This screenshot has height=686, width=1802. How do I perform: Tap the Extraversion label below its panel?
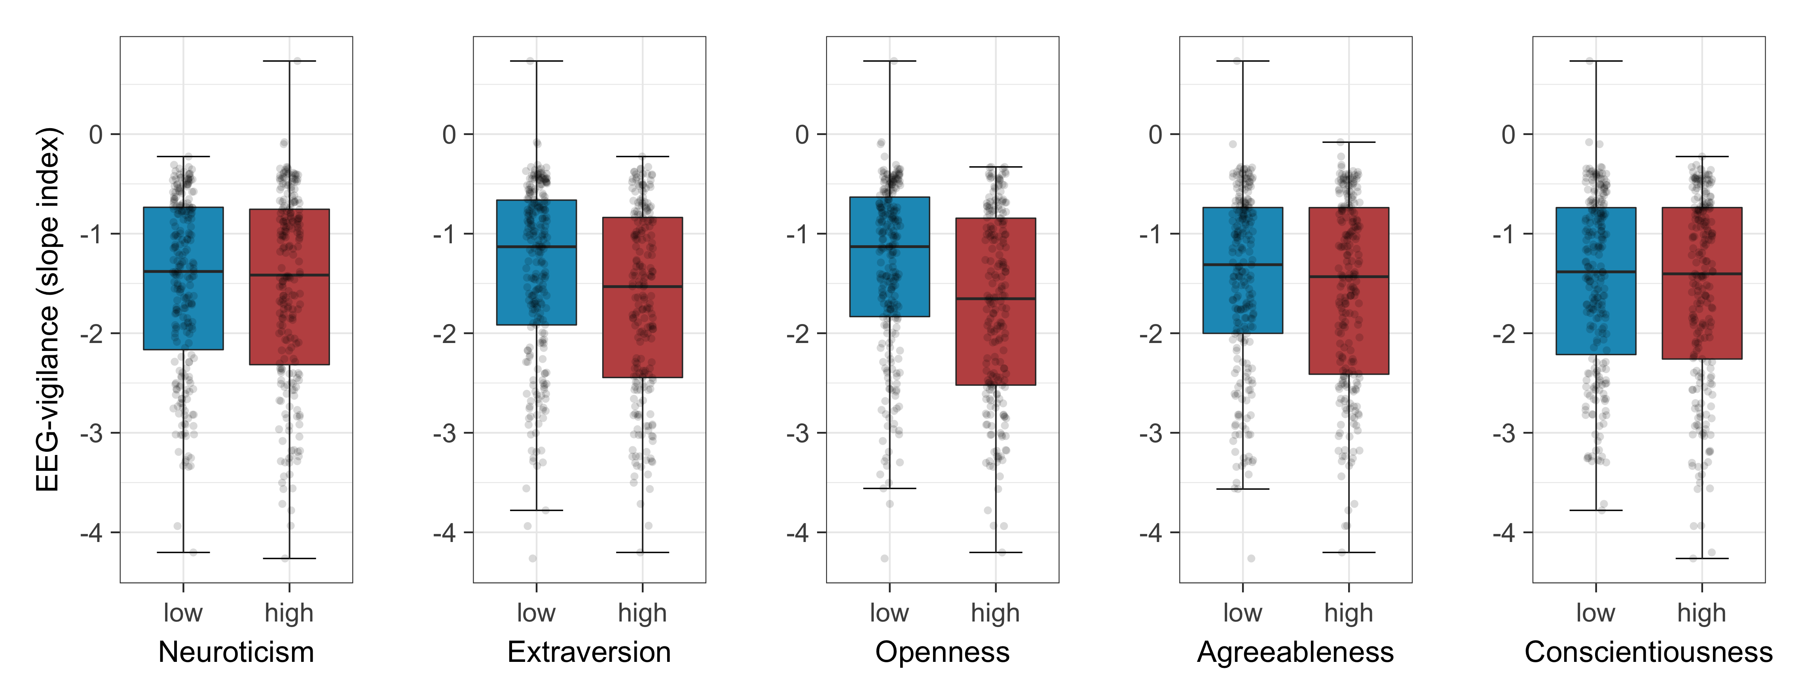(x=589, y=652)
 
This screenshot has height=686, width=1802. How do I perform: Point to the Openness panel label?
(x=942, y=652)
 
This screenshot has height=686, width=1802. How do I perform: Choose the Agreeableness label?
(x=1296, y=652)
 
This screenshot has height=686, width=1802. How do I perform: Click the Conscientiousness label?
(x=1648, y=652)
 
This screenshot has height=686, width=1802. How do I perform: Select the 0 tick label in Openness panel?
(x=802, y=134)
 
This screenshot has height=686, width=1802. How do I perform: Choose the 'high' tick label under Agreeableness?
(x=1349, y=613)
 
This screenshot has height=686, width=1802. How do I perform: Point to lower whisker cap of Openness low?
(x=890, y=488)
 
